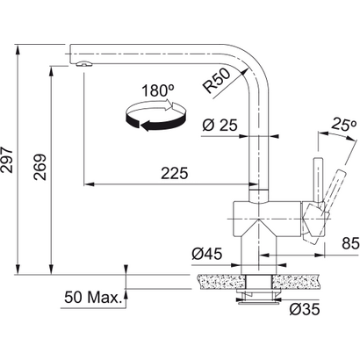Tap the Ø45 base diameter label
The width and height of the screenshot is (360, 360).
(205, 254)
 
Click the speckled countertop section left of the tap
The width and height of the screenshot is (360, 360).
(219, 283)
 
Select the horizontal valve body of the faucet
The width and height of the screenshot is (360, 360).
(263, 213)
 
